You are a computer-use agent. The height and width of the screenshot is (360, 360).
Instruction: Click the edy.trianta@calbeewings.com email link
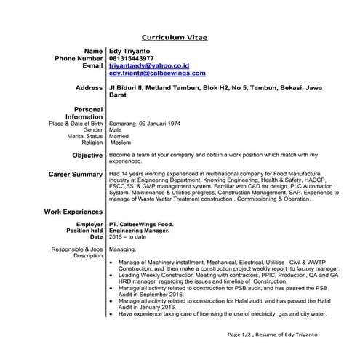pos(156,73)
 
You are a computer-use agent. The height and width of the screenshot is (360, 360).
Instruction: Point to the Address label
pos(89,88)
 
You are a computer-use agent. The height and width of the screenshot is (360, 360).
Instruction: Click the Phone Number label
pos(79,57)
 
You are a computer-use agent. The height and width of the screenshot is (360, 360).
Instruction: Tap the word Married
pos(119,136)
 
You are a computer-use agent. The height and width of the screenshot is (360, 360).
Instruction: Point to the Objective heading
pos(87,156)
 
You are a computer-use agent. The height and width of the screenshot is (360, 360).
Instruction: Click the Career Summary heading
pos(76,175)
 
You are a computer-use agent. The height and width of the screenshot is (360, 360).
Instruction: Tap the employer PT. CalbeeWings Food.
pos(141,225)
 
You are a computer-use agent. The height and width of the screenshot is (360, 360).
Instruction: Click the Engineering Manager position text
pos(139,231)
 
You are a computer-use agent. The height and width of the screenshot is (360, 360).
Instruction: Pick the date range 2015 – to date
pos(127,237)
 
